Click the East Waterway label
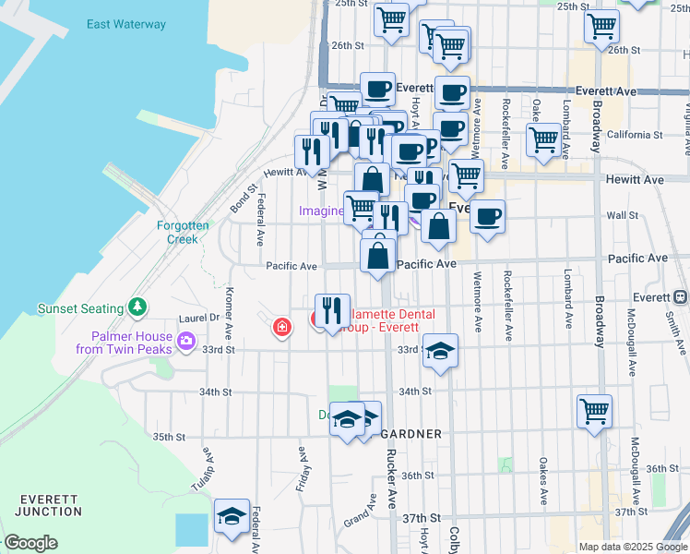pos(126,24)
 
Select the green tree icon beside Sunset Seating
pos(137,307)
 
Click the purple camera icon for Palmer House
pos(187,342)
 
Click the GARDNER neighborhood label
pos(411,433)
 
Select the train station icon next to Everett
pos(680,297)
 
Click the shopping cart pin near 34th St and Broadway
pos(595,410)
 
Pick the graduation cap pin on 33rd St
pos(441,351)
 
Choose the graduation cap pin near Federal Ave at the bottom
pos(232,515)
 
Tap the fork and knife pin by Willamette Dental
pos(331,310)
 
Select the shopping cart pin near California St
pos(543,140)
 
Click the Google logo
pos(31,543)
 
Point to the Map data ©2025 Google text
pos(632,547)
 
